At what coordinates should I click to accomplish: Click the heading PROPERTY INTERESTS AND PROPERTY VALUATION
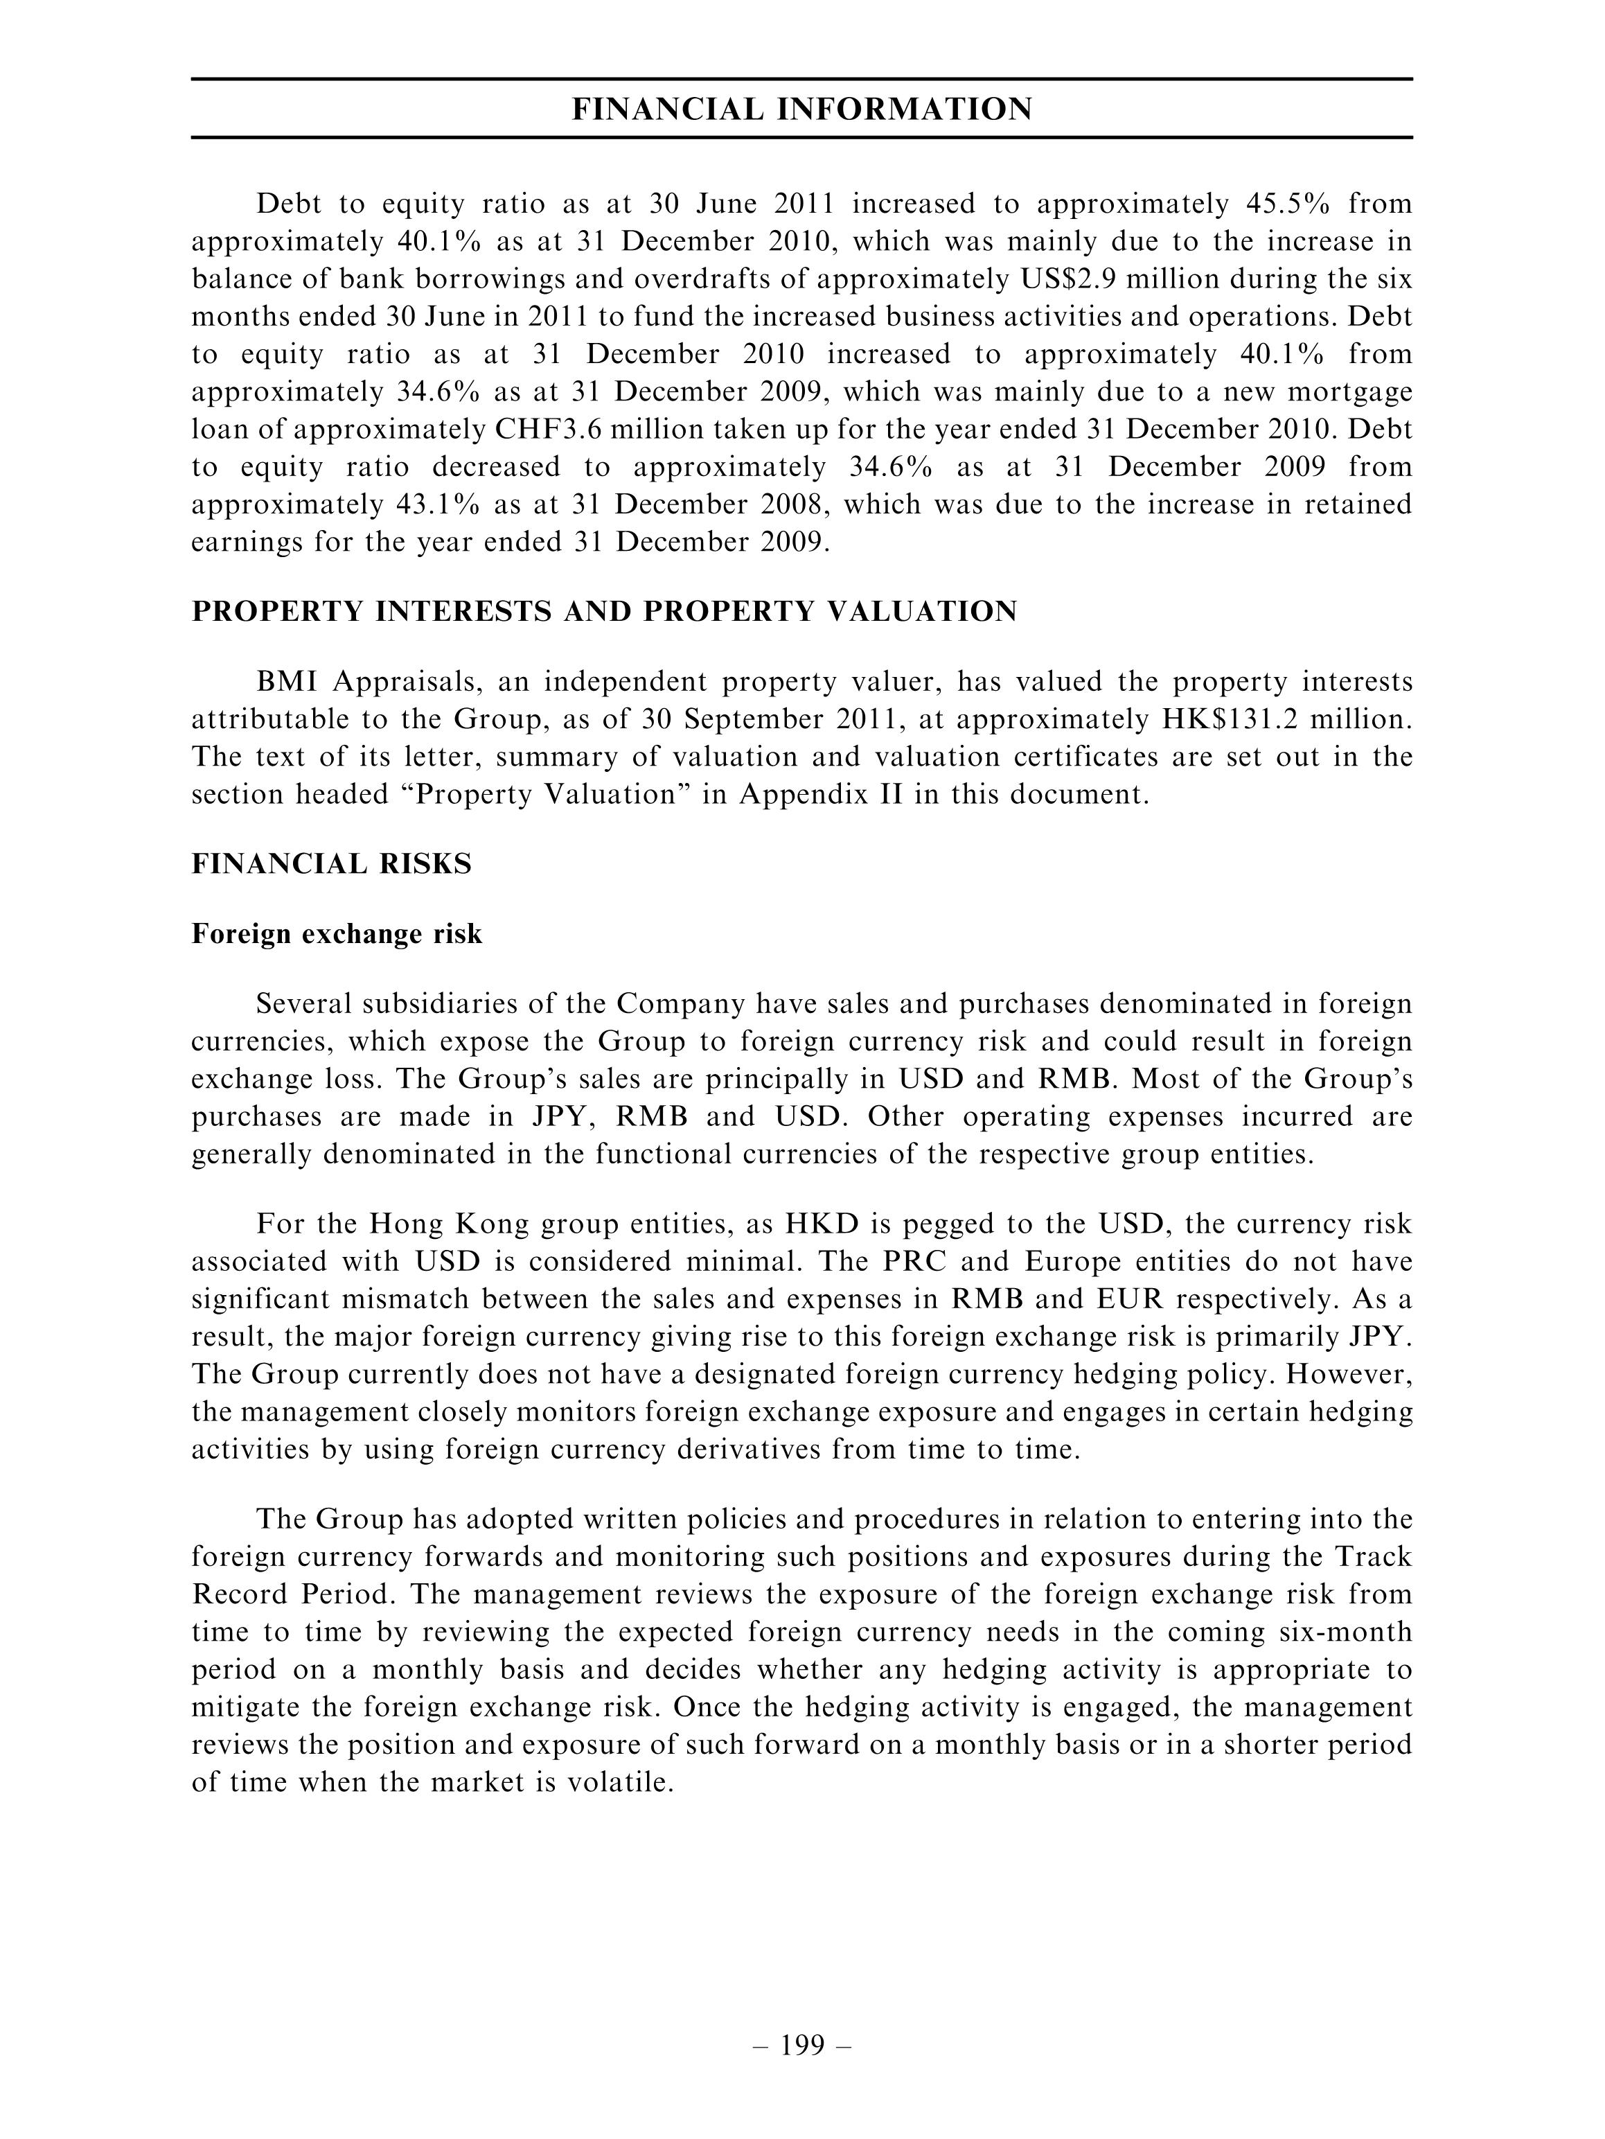604,612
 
